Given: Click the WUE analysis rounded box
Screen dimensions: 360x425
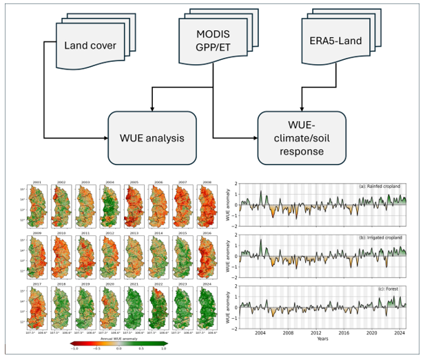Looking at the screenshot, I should [152, 138].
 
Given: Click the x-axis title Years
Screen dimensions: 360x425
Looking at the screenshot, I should [322, 339].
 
